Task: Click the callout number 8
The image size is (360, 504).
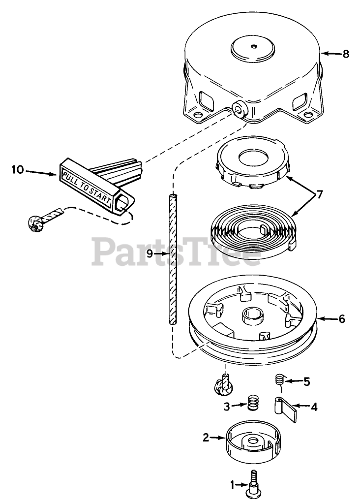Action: tap(346, 54)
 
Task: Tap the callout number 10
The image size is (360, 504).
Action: tap(18, 170)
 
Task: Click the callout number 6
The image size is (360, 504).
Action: tap(341, 319)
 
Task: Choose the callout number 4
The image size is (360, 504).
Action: tap(313, 407)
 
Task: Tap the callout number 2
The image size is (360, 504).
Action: tap(207, 437)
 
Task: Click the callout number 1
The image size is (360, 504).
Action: tap(233, 484)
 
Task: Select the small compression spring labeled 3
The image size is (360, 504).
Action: tap(253, 403)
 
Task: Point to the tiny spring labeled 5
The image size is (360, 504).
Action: tap(279, 379)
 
